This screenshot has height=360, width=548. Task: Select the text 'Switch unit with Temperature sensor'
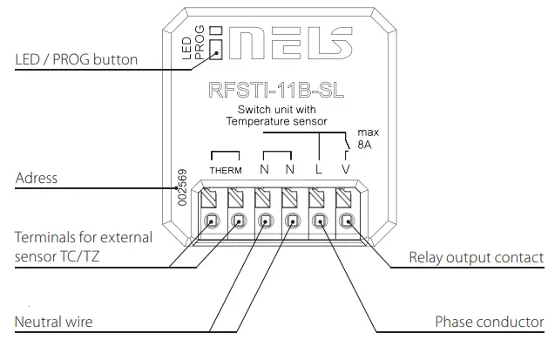click(274, 115)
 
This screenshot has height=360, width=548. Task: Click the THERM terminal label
click(225, 170)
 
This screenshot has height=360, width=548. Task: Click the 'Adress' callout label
click(37, 179)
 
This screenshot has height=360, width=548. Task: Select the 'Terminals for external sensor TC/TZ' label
click(83, 246)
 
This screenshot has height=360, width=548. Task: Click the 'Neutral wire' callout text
click(53, 323)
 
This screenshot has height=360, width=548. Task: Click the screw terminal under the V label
click(347, 221)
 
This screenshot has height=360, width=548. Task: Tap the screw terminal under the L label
click(320, 221)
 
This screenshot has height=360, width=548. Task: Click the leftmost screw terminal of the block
click(211, 221)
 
